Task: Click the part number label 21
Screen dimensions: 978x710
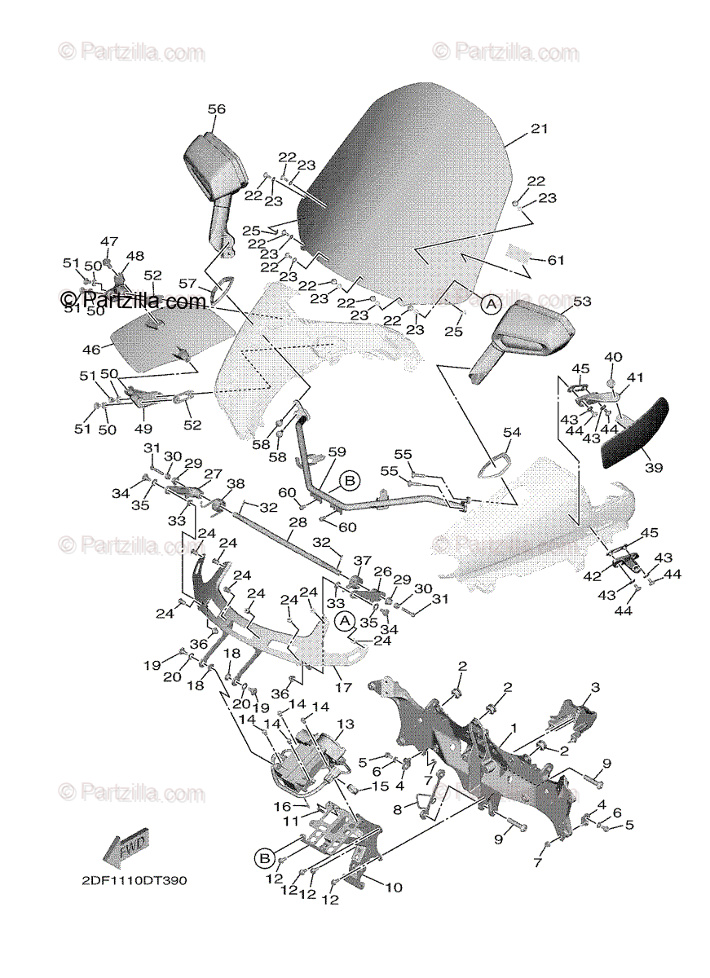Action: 540,129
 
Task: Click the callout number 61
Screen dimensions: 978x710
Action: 556,261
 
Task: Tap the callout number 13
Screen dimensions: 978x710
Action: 346,724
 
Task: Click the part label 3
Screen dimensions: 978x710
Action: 595,688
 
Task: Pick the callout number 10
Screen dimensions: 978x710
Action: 393,888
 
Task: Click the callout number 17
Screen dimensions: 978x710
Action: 343,688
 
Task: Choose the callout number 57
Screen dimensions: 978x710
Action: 187,284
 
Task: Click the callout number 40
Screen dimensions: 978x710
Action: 613,357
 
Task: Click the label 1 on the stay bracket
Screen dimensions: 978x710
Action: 514,726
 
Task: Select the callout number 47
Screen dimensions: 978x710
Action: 109,241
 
